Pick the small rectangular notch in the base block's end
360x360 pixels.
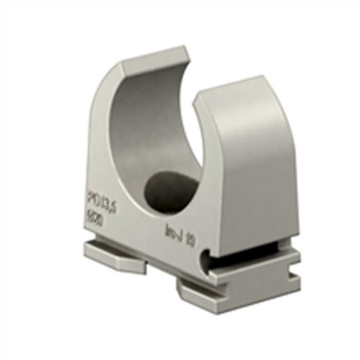pyautogui.click(x=295, y=268)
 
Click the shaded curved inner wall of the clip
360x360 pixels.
pyautogui.click(x=139, y=129)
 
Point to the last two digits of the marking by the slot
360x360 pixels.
pyautogui.click(x=189, y=240)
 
